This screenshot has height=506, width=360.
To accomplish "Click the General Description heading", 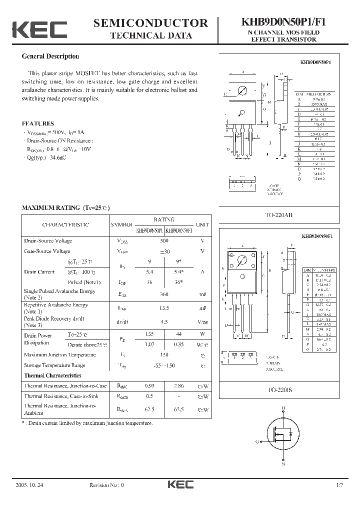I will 50,56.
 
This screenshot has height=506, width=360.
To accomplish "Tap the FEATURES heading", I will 38,123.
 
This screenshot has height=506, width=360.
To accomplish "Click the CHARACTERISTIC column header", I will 65,225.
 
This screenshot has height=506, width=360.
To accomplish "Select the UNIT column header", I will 202,225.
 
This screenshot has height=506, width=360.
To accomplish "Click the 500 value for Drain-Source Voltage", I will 163,240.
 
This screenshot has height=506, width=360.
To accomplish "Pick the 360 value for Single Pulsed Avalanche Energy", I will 163,294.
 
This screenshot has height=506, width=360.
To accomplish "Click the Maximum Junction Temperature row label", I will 60,354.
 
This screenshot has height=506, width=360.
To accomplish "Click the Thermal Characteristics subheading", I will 52,375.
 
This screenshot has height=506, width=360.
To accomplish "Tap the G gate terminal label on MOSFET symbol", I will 256,442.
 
